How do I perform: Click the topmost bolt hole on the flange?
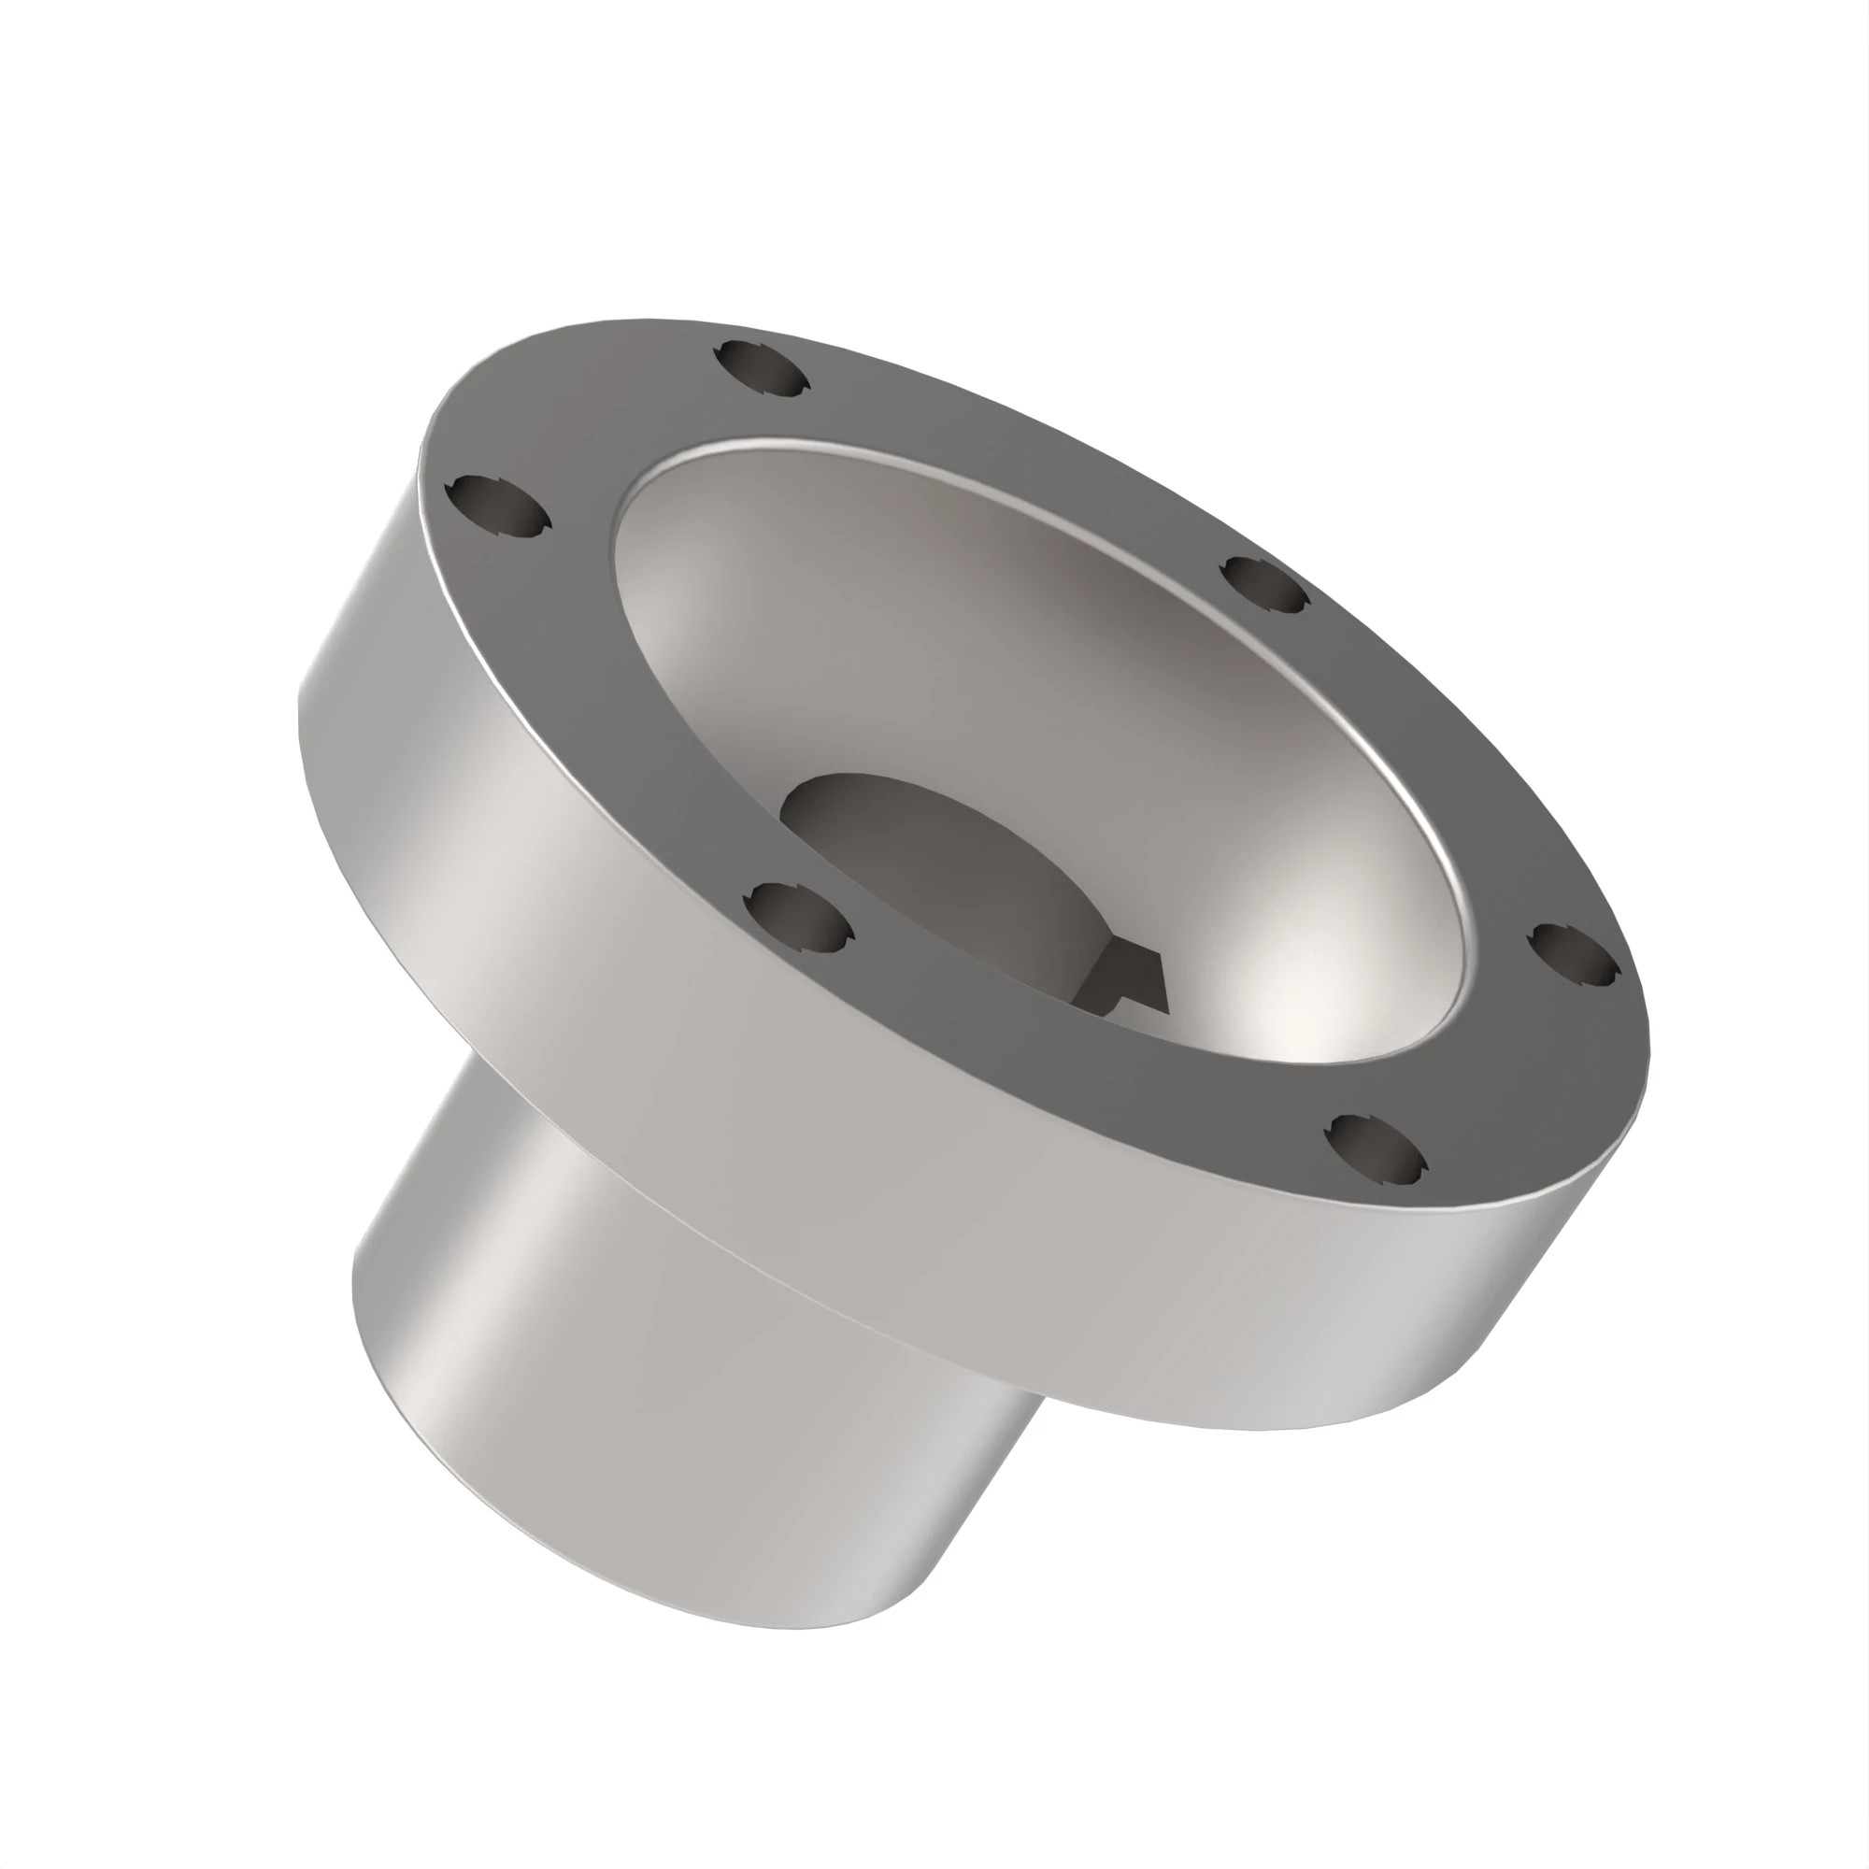761,367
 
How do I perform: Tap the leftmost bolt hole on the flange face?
497,504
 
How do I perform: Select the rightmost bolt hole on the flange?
1574,955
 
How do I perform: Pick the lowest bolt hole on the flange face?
1376,1149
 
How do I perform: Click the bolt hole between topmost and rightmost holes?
1264,583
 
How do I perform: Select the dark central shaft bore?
929,851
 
